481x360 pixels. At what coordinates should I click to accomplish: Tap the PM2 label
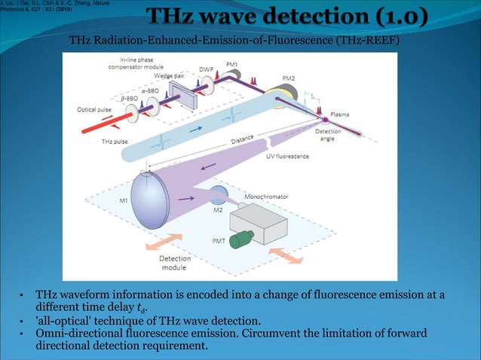click(288, 78)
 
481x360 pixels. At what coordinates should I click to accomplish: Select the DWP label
click(205, 69)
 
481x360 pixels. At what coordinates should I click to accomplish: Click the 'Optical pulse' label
click(96, 108)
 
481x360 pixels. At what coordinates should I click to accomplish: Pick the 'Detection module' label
click(174, 263)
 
